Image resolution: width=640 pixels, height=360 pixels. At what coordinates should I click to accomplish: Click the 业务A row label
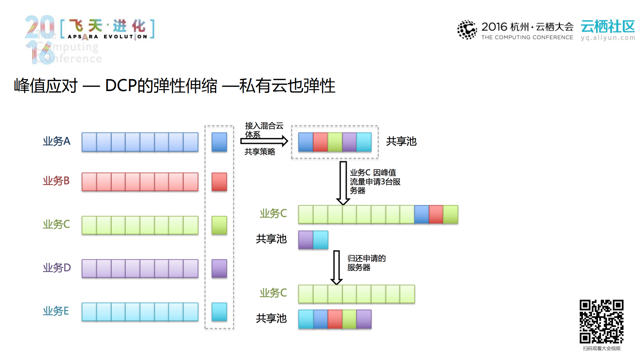point(56,141)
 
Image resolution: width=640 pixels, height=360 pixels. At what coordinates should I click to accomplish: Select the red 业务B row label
point(56,181)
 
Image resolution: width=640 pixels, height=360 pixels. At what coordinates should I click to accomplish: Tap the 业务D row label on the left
point(57,268)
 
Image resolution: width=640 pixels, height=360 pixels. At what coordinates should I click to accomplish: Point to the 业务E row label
point(56,311)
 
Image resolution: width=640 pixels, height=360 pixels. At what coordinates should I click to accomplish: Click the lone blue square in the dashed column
point(219,142)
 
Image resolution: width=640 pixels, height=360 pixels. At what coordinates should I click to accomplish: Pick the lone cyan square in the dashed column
point(219,312)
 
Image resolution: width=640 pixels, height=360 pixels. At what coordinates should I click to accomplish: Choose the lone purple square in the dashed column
point(219,269)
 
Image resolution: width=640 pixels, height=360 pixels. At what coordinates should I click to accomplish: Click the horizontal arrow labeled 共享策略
point(264,141)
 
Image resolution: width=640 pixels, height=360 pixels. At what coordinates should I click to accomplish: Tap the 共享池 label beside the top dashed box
point(401,141)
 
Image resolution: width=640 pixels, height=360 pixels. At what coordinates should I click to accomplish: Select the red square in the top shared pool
point(320,142)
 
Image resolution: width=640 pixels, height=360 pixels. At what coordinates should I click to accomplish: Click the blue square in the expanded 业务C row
point(421,214)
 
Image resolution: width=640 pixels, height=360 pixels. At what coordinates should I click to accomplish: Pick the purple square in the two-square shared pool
point(305,240)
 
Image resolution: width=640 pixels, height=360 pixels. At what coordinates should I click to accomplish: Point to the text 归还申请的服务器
point(366,263)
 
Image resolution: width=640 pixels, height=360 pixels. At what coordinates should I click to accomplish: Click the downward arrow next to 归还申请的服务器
point(337,267)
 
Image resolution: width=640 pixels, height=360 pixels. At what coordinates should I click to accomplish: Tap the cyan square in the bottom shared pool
point(305,319)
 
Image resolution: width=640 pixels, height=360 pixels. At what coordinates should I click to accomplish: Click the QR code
point(601,321)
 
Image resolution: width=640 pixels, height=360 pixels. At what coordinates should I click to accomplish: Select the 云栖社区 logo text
point(608,26)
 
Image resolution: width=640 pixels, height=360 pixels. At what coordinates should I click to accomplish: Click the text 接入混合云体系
point(263,130)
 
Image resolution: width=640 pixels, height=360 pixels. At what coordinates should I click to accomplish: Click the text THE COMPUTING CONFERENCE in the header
point(527,37)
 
